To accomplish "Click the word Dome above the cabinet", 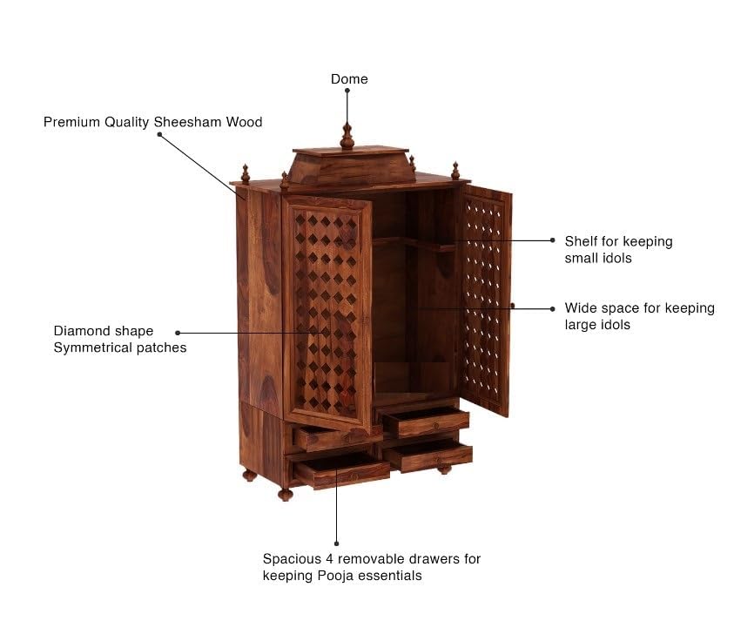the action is pyautogui.click(x=349, y=79).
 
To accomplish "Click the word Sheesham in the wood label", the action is pyautogui.click(x=188, y=122).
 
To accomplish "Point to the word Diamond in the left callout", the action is pyautogui.click(x=79, y=331).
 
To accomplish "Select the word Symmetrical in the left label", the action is pyautogui.click(x=91, y=347).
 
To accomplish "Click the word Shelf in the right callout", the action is pyautogui.click(x=581, y=241).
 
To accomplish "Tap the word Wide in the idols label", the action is pyautogui.click(x=580, y=308).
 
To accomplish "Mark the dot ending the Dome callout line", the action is pyautogui.click(x=347, y=91).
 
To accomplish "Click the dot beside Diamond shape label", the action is pyautogui.click(x=178, y=333).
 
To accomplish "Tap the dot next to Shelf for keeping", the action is pyautogui.click(x=553, y=240).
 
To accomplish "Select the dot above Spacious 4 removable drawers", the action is pyautogui.click(x=337, y=543).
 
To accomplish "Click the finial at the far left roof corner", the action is pyautogui.click(x=246, y=173).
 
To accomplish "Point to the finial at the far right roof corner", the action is pyautogui.click(x=455, y=171).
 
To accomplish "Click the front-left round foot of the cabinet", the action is pyautogui.click(x=285, y=495).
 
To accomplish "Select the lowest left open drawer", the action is pyautogui.click(x=341, y=469).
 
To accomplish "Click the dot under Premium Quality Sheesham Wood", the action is pyautogui.click(x=159, y=134).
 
